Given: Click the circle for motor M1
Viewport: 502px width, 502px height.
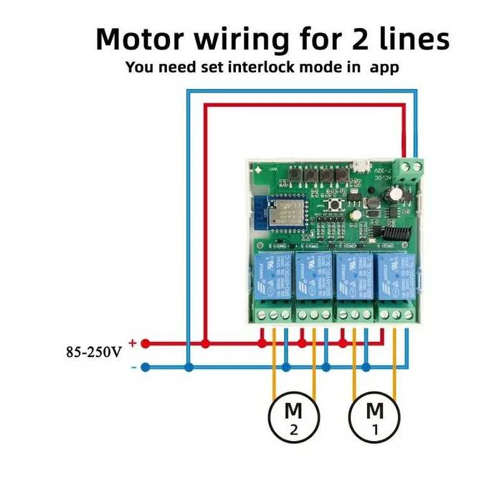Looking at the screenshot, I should [x=374, y=419].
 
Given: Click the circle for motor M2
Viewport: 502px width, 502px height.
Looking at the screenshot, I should [x=293, y=419].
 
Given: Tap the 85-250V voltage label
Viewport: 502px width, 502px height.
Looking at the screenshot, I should [x=93, y=352].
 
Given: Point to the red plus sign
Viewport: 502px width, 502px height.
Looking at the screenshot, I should [x=132, y=343].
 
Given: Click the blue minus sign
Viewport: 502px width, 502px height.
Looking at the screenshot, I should [x=133, y=367].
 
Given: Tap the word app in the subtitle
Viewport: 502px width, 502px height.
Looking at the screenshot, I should [x=384, y=68].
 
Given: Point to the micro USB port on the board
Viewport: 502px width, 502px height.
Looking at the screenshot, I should [x=364, y=169].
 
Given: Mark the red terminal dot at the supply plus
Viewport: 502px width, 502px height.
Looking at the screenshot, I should [x=145, y=344].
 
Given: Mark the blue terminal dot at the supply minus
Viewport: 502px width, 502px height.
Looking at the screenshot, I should [x=145, y=367].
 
